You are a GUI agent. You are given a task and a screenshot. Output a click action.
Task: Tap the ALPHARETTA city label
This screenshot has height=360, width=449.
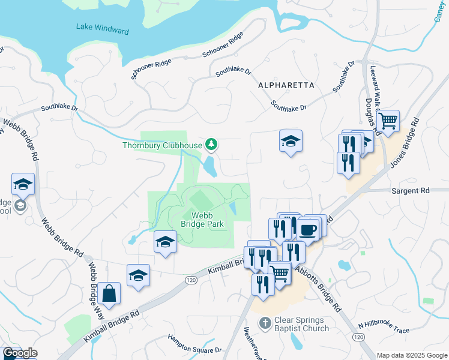[x=286, y=86]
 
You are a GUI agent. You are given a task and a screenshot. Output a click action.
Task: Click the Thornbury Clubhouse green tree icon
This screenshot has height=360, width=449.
[x=211, y=144]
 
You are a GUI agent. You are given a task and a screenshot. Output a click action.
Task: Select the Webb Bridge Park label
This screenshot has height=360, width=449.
[x=202, y=220]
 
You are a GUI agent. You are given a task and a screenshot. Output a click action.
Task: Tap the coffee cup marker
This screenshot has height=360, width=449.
[x=307, y=229]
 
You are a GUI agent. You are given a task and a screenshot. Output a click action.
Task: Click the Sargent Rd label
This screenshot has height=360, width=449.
[x=411, y=190]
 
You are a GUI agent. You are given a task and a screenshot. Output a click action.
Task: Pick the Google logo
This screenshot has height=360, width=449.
[x=20, y=353]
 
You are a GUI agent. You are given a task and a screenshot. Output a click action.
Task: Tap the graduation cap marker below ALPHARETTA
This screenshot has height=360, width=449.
[x=291, y=142]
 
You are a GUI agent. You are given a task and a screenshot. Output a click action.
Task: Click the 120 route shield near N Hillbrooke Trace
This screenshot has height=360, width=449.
[x=358, y=338]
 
